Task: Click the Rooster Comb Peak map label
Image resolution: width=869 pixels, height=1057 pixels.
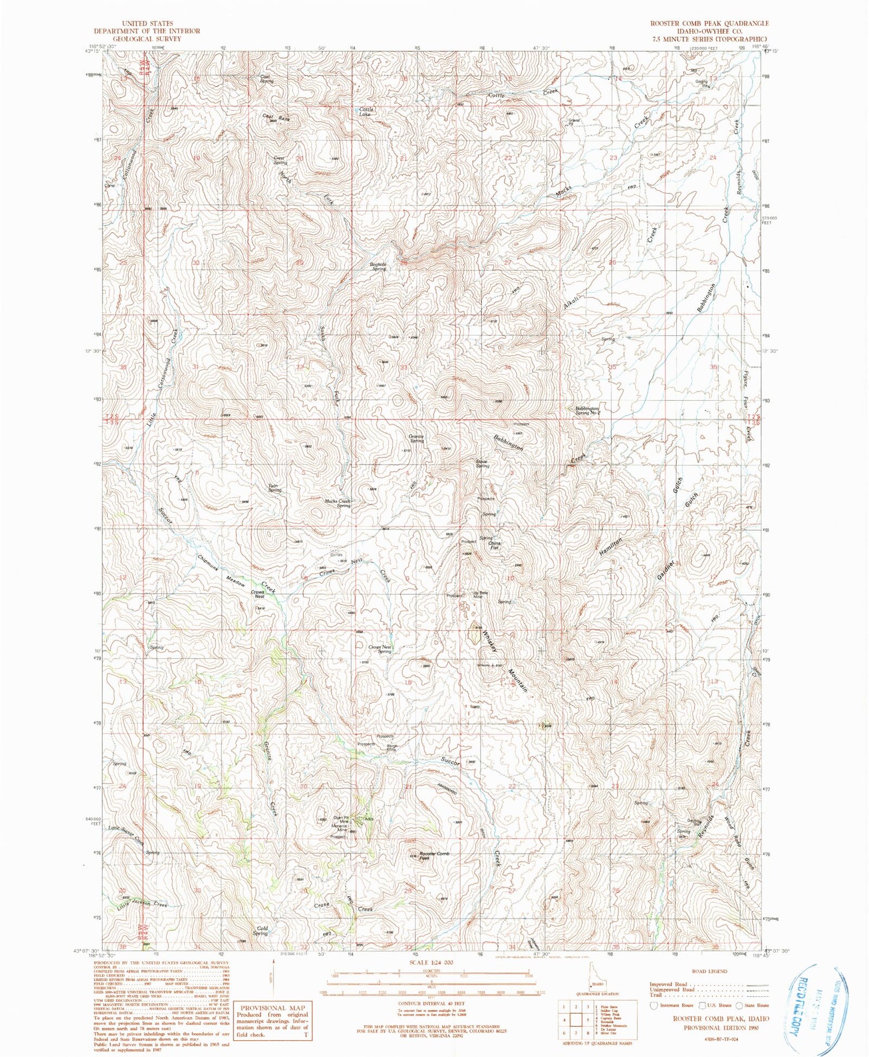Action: [434, 856]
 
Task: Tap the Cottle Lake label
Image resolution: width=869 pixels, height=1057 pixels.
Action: [366, 112]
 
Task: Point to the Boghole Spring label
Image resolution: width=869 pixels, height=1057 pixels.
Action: [378, 266]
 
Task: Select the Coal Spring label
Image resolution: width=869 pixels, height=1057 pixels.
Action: [266, 79]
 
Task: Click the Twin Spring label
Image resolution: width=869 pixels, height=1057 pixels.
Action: [275, 488]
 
